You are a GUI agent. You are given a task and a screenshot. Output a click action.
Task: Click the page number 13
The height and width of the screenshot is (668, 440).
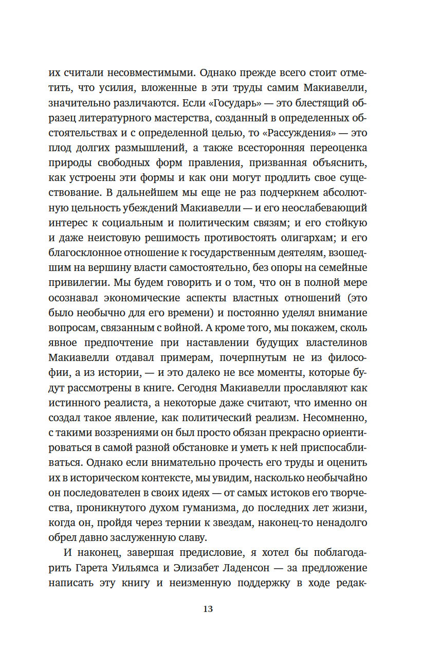pyautogui.click(x=208, y=609)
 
